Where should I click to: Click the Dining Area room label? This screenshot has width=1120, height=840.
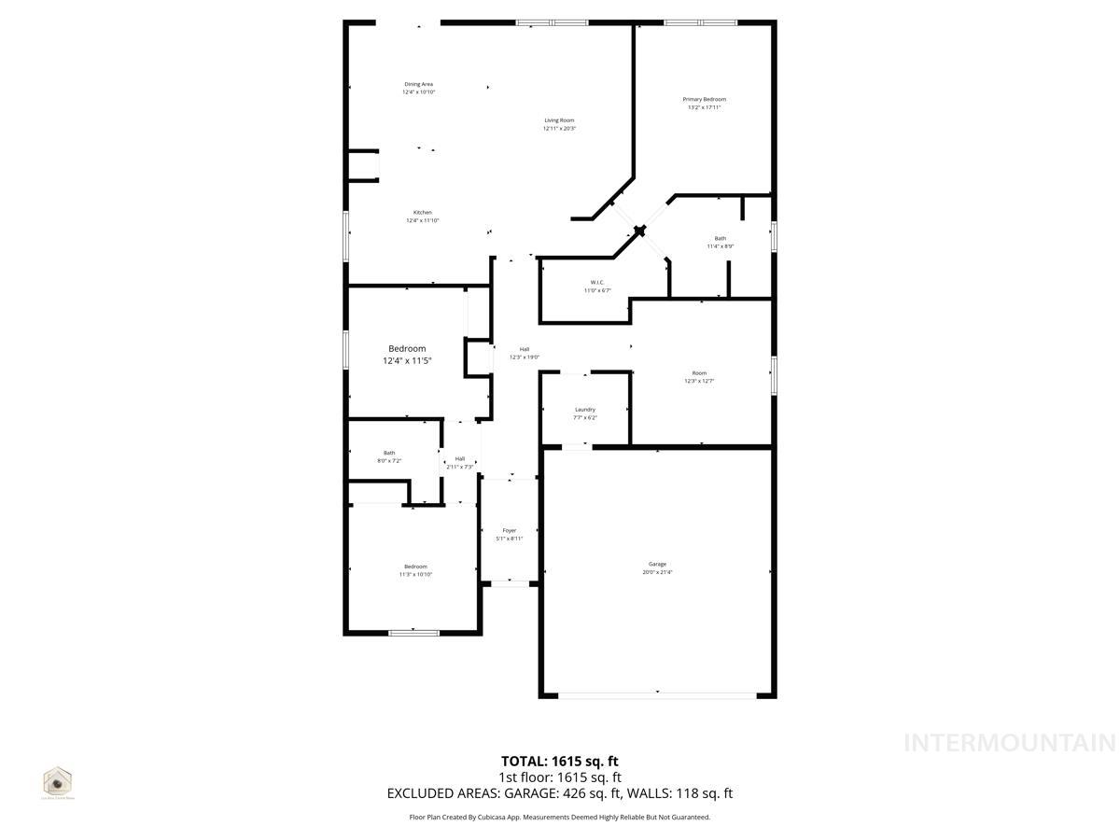[418, 84]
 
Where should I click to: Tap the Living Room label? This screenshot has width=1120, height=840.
[559, 120]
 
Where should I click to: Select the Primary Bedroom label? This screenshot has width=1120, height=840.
[704, 99]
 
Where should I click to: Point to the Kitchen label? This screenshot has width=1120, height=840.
[422, 213]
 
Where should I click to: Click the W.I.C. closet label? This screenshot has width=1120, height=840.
[597, 282]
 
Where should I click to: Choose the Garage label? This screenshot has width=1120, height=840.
[657, 564]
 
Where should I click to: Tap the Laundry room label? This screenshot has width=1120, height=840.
[585, 410]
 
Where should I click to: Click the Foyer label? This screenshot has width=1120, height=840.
[509, 530]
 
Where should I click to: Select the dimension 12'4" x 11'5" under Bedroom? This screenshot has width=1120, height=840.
[407, 361]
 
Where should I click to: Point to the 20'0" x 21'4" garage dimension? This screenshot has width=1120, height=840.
[657, 572]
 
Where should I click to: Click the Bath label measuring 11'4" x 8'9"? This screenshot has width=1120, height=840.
[720, 238]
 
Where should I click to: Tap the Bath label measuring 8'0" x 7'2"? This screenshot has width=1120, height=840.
[388, 453]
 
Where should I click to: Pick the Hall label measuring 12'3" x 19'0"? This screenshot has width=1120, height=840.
[525, 349]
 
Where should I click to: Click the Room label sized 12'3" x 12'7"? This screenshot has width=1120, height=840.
[699, 373]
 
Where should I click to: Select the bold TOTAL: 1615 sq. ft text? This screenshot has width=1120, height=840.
[560, 761]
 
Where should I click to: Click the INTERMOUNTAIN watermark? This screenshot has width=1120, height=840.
[1010, 743]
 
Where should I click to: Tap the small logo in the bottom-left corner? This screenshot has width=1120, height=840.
[58, 781]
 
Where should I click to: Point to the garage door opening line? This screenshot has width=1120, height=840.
[657, 694]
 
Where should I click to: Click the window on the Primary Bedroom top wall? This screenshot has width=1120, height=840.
[700, 22]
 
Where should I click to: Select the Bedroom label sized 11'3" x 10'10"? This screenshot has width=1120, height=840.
[415, 567]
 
